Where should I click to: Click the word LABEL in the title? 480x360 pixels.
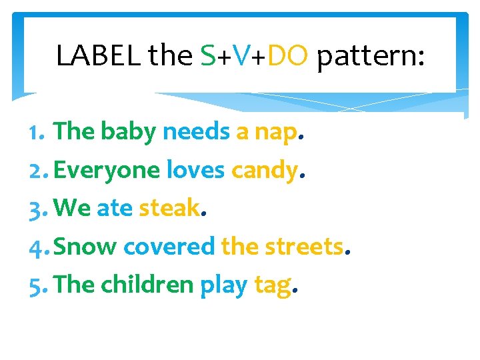pyautogui.click(x=98, y=56)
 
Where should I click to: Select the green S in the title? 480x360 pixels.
pyautogui.click(x=207, y=56)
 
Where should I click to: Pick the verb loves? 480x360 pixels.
pyautogui.click(x=195, y=171)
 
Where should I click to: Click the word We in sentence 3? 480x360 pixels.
pyautogui.click(x=72, y=209)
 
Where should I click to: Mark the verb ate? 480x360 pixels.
pyautogui.click(x=115, y=209)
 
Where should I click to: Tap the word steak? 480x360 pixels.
pyautogui.click(x=169, y=209)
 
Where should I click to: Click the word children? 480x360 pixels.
pyautogui.click(x=147, y=285)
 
